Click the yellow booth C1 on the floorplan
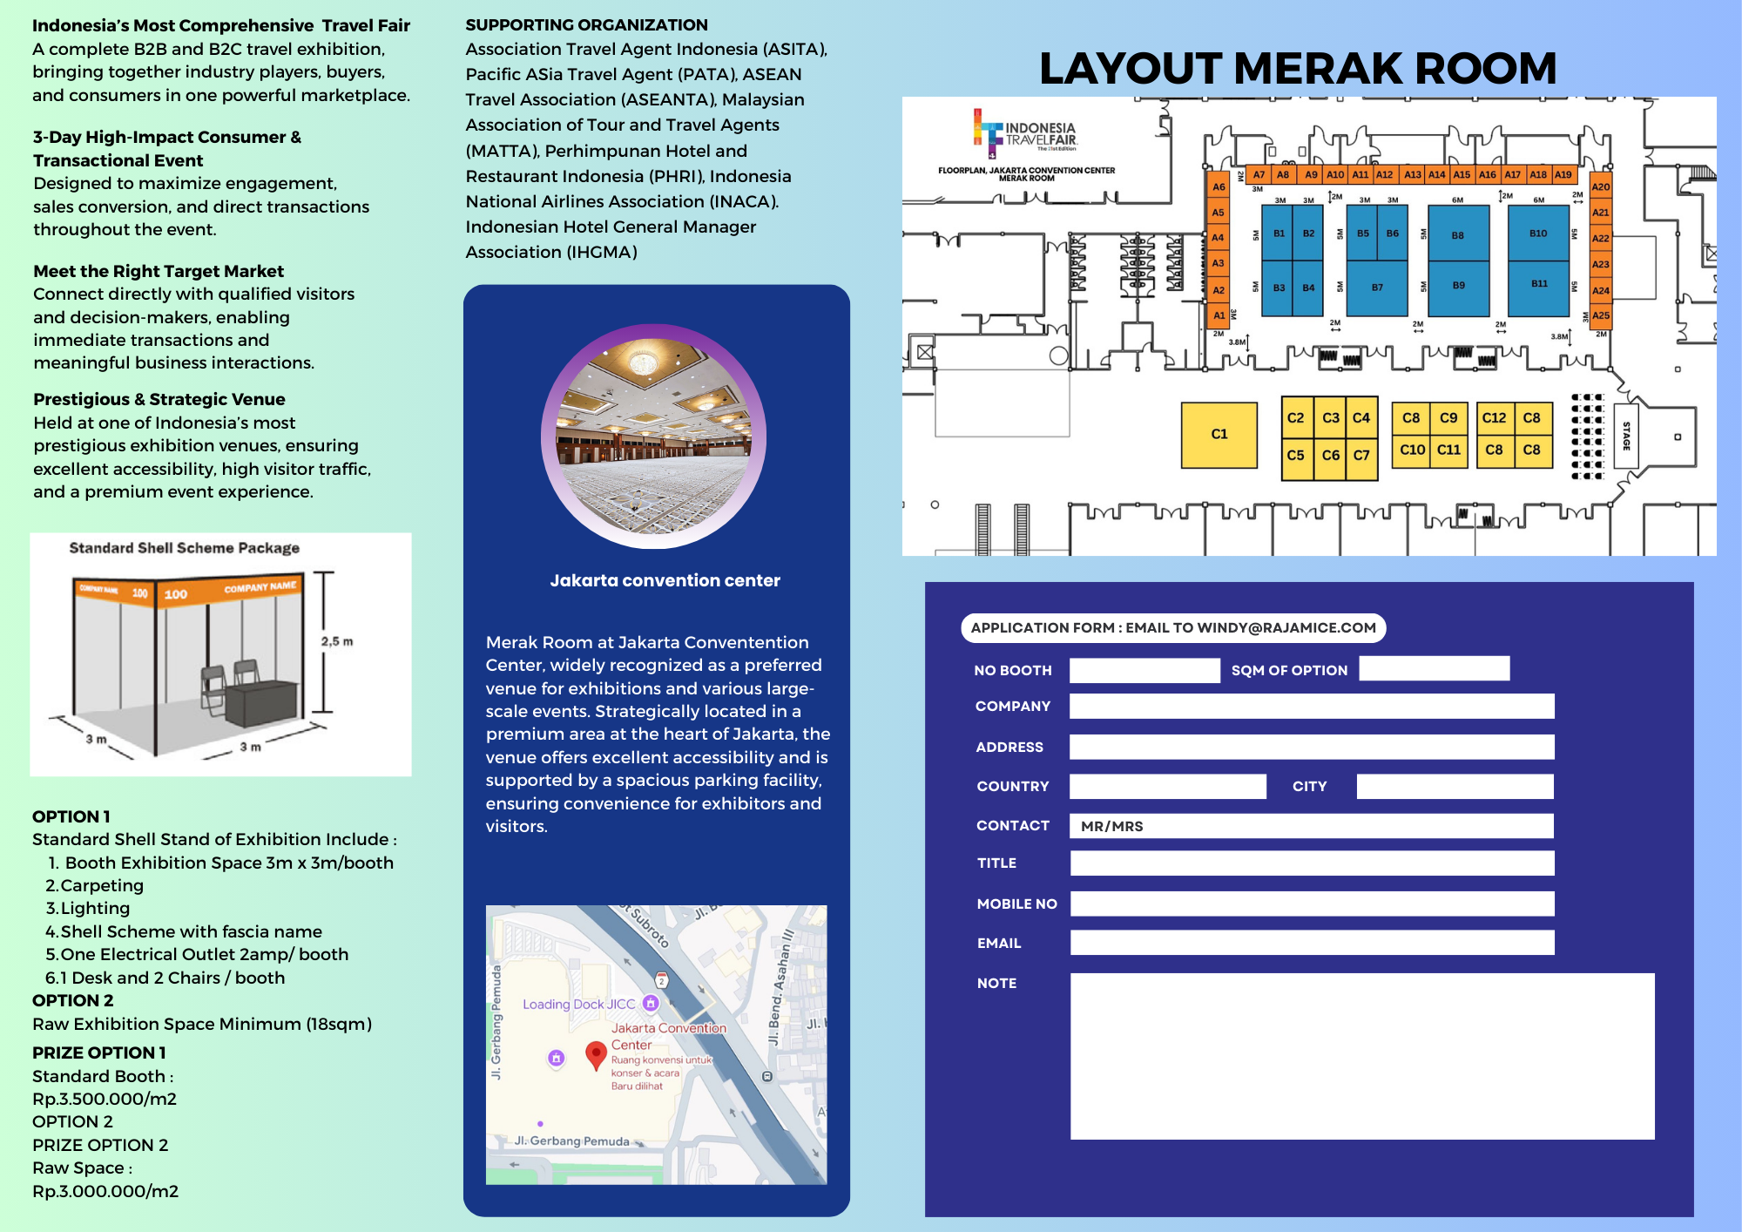coord(1219,434)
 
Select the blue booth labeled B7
coord(1377,288)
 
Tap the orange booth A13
coord(1412,174)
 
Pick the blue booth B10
coord(1538,234)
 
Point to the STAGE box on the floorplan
coord(1625,436)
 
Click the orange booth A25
coord(1600,315)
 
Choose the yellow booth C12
coord(1494,418)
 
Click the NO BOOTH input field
coord(1144,670)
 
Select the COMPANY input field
coord(1311,706)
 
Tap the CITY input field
coord(1455,786)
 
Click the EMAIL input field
coord(1311,943)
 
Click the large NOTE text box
coord(1361,1056)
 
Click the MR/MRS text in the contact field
coord(1111,826)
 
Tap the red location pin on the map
coord(596,1054)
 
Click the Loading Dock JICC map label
coord(579,1004)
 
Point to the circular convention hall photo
coord(653,436)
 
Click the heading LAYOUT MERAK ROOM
coord(1298,68)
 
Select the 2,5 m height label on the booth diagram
coord(337,641)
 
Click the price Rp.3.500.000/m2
coord(105,1099)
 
